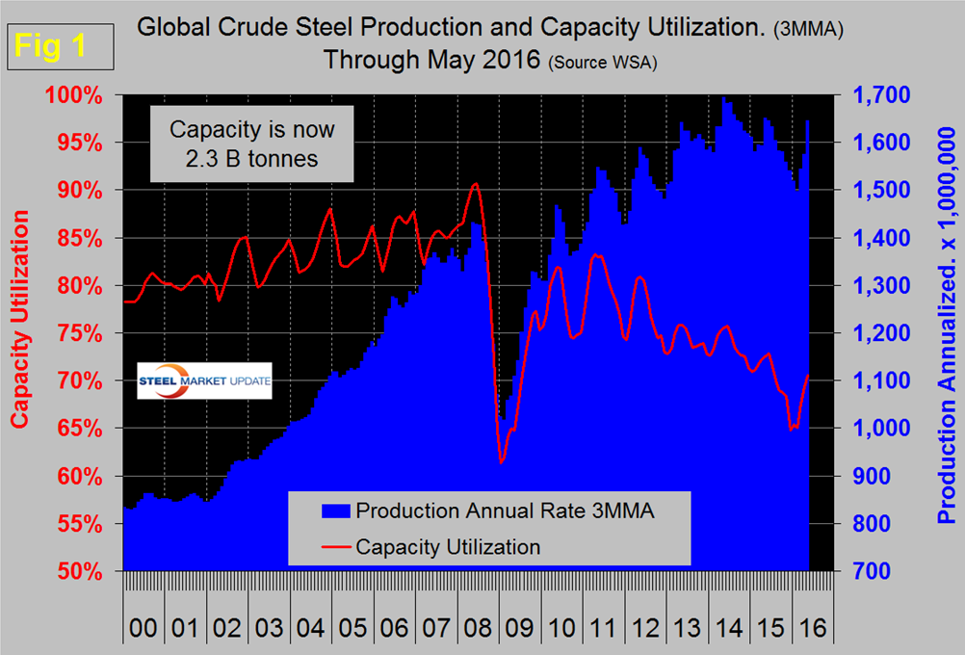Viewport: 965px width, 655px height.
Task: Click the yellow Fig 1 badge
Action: pyautogui.click(x=59, y=47)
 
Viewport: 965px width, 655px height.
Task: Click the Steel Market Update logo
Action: pyautogui.click(x=204, y=380)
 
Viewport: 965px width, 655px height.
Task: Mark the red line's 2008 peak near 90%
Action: pyautogui.click(x=475, y=183)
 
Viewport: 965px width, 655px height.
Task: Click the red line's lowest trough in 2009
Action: pyautogui.click(x=502, y=462)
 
